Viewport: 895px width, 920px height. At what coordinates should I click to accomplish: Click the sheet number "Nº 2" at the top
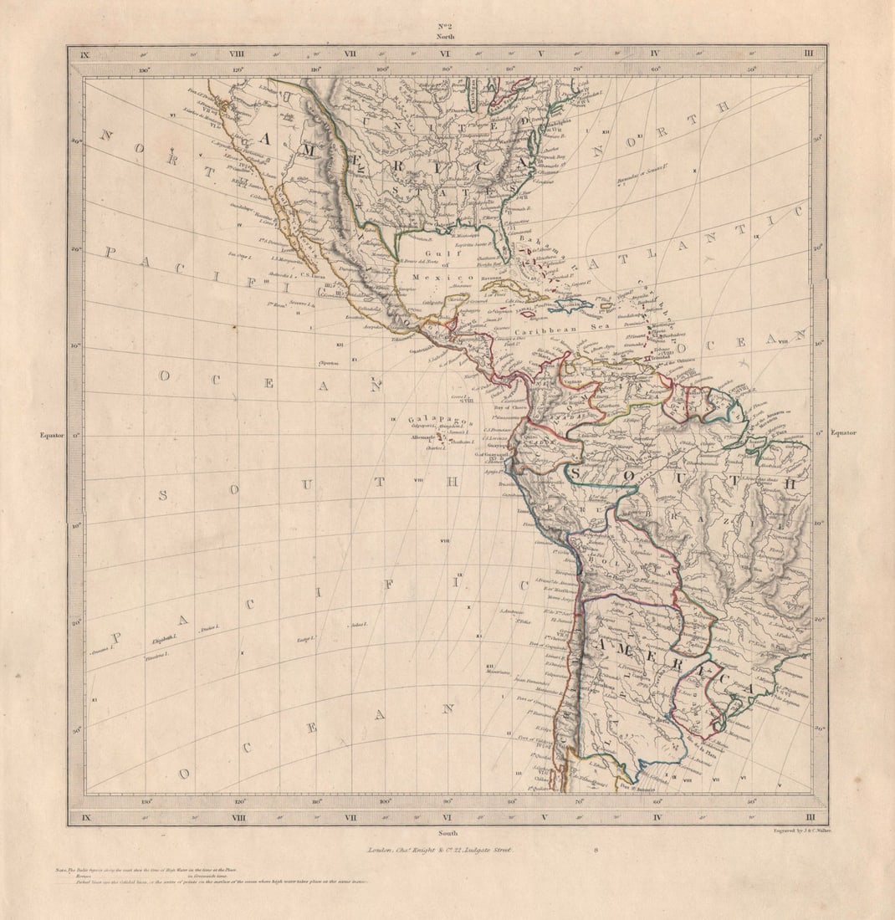tap(445, 26)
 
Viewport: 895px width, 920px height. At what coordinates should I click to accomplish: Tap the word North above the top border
tap(445, 38)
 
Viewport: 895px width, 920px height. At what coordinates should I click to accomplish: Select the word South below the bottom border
tap(445, 833)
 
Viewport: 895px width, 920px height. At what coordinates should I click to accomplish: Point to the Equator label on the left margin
tap(51, 435)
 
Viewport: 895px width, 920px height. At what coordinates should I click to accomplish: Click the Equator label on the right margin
tap(843, 432)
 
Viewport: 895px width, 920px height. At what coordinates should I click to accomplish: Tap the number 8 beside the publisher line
tap(596, 850)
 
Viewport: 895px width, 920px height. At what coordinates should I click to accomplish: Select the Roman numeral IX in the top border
tap(84, 54)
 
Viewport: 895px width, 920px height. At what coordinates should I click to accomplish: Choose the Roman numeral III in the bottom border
tap(809, 816)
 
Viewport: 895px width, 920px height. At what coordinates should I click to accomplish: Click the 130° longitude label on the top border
tap(144, 70)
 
